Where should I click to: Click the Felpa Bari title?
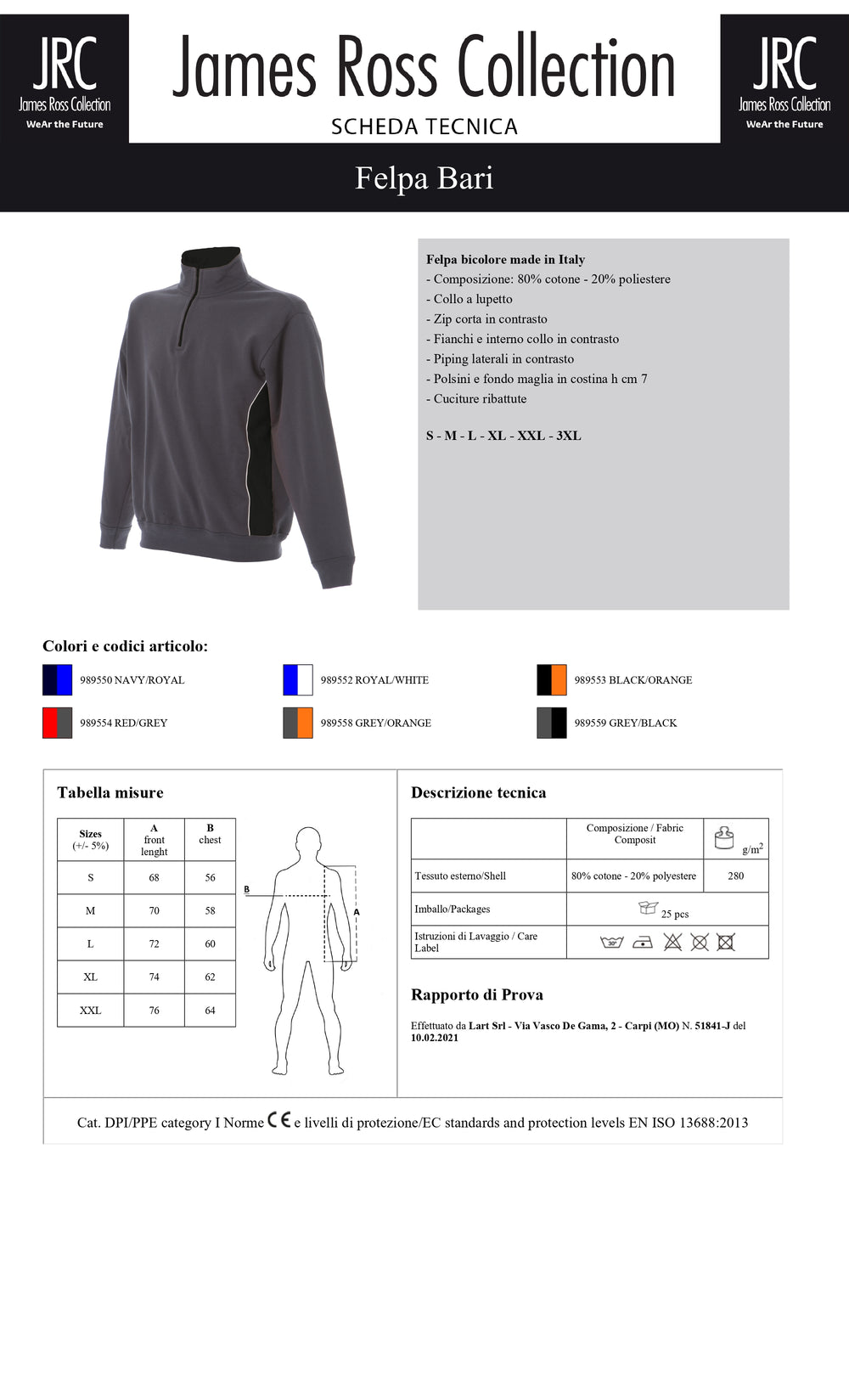pyautogui.click(x=424, y=178)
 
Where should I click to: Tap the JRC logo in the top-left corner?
pyautogui.click(x=65, y=79)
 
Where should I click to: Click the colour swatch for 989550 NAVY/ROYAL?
pyautogui.click(x=57, y=680)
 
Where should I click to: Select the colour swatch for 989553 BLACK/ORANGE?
pyautogui.click(x=551, y=680)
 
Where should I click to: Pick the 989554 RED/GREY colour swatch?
pyautogui.click(x=57, y=724)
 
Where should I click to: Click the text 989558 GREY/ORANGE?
pyautogui.click(x=375, y=724)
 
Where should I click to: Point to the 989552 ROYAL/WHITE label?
pyautogui.click(x=374, y=680)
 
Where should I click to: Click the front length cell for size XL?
pyautogui.click(x=154, y=977)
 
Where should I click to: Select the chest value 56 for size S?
pyautogui.click(x=210, y=878)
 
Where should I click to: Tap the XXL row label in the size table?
pyautogui.click(x=90, y=1011)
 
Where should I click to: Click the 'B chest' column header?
pyautogui.click(x=210, y=834)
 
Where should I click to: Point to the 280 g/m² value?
pyautogui.click(x=735, y=876)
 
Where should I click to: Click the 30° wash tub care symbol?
pyautogui.click(x=611, y=942)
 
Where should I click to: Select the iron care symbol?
pyautogui.click(x=643, y=942)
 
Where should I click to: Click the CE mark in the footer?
pyautogui.click(x=278, y=1120)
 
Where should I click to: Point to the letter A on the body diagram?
pyautogui.click(x=357, y=912)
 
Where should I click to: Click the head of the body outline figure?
pyautogui.click(x=309, y=842)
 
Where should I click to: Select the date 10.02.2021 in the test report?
pyautogui.click(x=435, y=1038)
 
